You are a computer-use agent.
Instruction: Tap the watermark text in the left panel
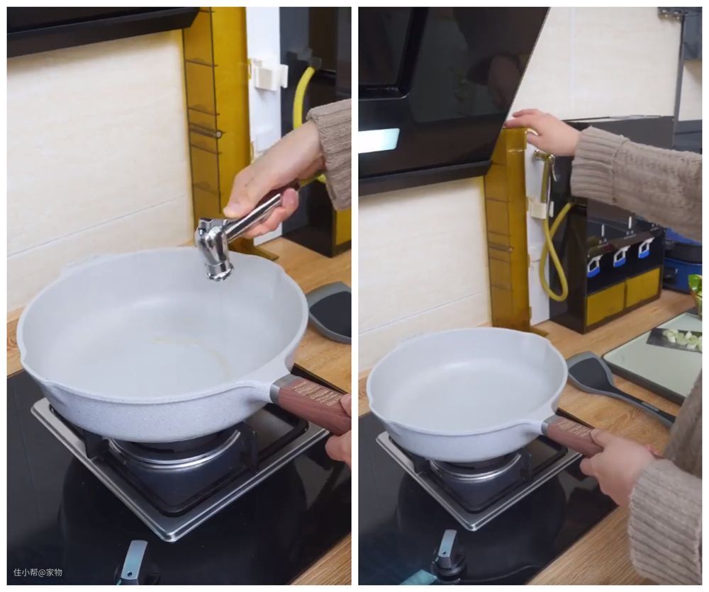pyautogui.click(x=38, y=573)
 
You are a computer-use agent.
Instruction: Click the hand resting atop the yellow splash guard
pyautogui.click(x=543, y=130)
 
